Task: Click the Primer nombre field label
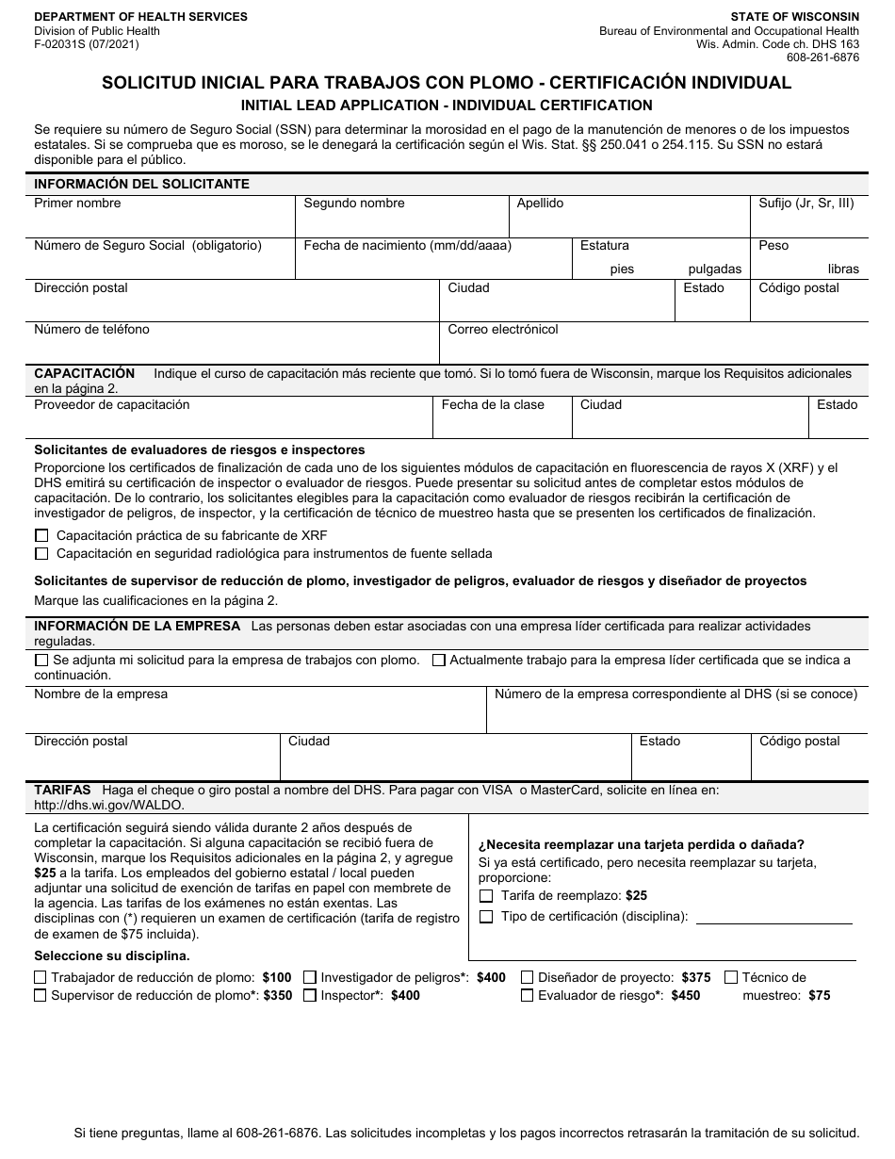click(x=77, y=203)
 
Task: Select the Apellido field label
click(x=540, y=203)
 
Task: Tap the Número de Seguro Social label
click(x=148, y=245)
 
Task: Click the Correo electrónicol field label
click(x=503, y=329)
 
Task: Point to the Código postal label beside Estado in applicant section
click(x=798, y=287)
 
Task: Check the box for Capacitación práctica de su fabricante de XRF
click(x=41, y=535)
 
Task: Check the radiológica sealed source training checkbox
click(x=41, y=553)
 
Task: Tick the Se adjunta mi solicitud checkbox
click(x=41, y=661)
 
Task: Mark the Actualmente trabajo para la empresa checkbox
click(x=438, y=661)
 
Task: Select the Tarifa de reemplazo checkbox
click(x=486, y=896)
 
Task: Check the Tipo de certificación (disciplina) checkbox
click(x=486, y=917)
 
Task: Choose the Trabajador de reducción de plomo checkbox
click(x=41, y=978)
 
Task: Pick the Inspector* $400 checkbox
click(x=310, y=995)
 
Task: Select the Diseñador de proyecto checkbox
click(x=528, y=978)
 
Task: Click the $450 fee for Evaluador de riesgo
click(x=686, y=995)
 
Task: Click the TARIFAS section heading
click(x=62, y=790)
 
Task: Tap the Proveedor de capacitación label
click(x=111, y=404)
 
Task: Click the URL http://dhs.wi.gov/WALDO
click(x=109, y=805)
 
